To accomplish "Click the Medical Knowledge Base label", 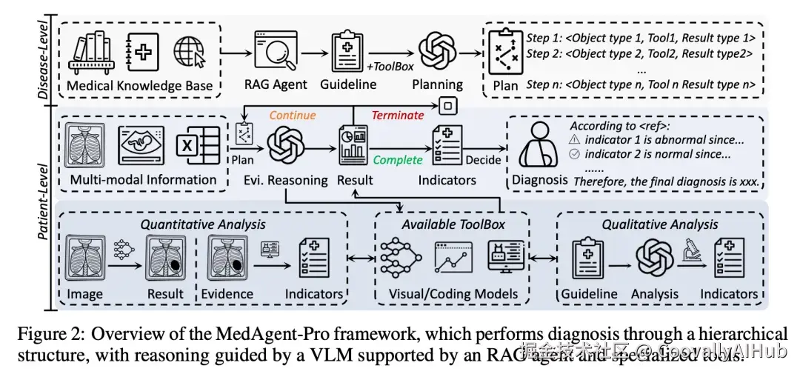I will tap(139, 86).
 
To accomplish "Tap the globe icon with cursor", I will tap(189, 53).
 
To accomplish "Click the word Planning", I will tap(437, 84).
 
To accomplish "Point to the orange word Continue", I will tap(293, 116).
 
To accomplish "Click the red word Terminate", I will tap(398, 116).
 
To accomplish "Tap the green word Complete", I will tap(398, 160).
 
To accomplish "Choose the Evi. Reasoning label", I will tap(287, 179).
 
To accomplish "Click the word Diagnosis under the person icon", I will tap(539, 179).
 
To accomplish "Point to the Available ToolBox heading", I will tap(453, 224).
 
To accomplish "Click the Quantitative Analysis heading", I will tap(204, 224).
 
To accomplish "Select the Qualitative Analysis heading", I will tap(659, 224).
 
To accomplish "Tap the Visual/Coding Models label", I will tap(453, 294).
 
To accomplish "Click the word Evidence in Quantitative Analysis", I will tap(227, 294).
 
